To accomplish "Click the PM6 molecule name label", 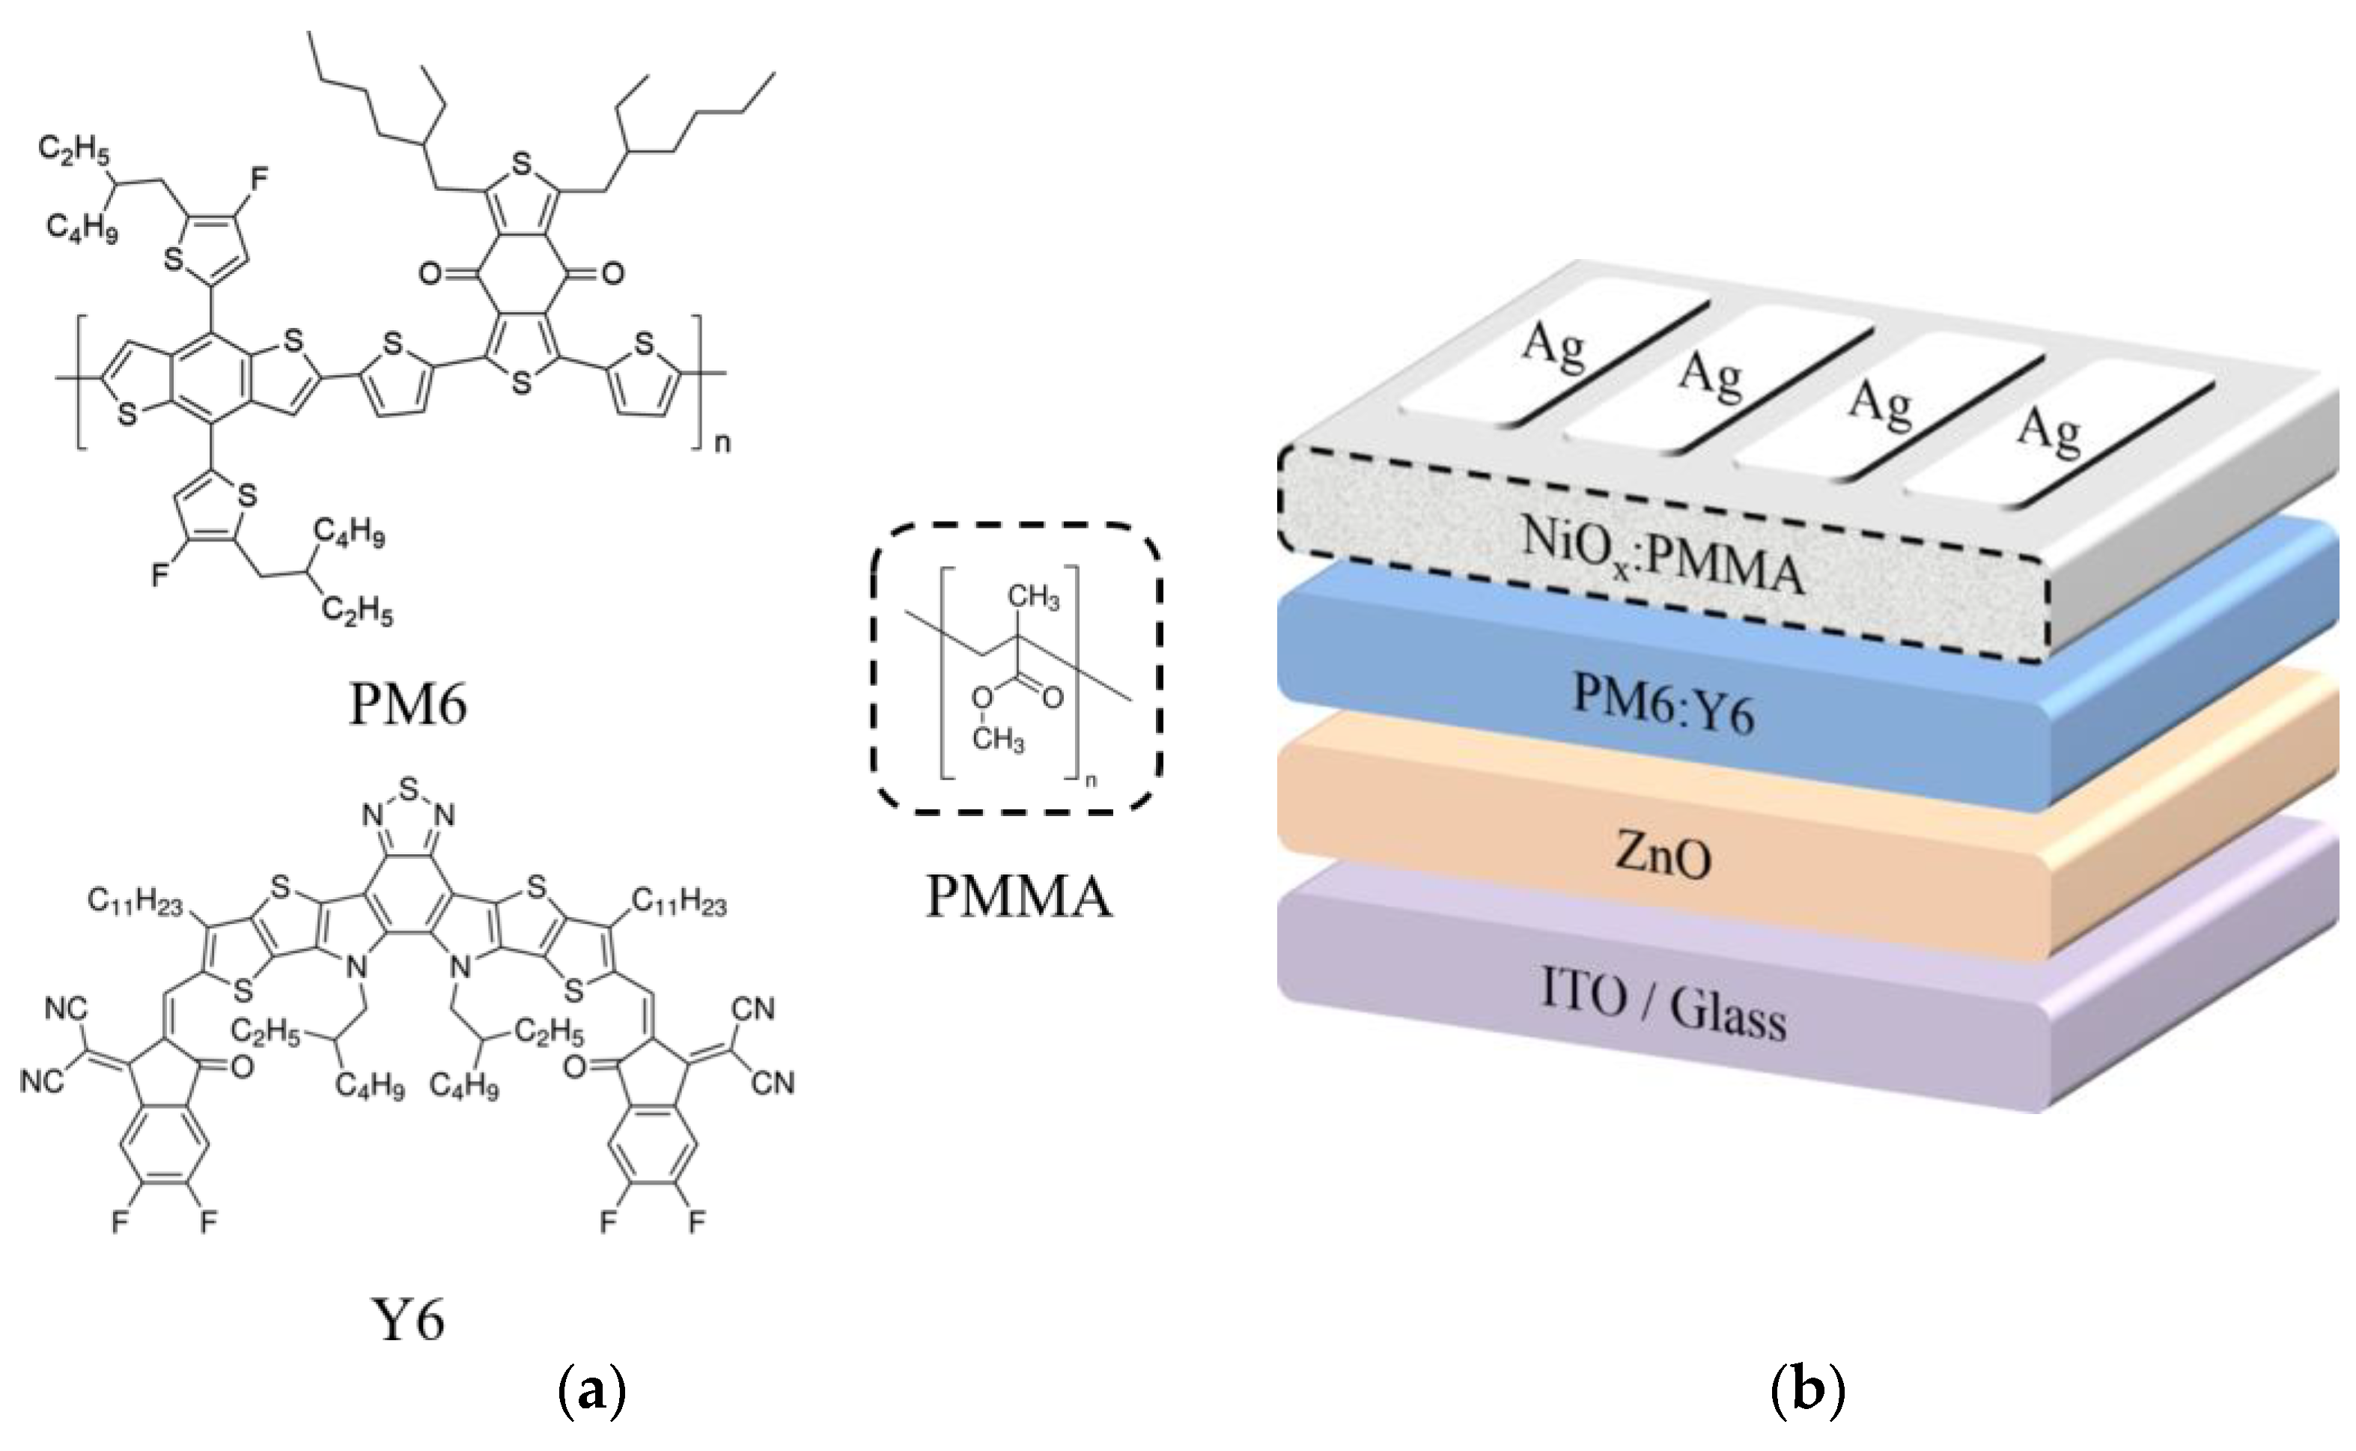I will [408, 705].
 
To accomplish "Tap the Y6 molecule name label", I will [408, 1321].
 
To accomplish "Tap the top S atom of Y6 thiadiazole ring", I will [410, 789].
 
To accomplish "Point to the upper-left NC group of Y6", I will [66, 1009].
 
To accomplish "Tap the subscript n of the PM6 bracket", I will [722, 443].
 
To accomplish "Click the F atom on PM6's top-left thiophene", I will [260, 178].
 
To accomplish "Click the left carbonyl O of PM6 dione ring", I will [430, 275].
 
